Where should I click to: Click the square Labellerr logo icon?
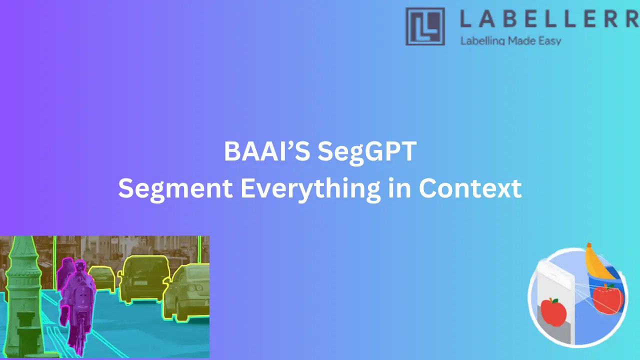(425, 26)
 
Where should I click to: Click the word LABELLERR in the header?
(549, 19)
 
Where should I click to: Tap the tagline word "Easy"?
(550, 41)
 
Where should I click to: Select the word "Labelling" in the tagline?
(483, 41)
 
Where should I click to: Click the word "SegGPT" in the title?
(367, 151)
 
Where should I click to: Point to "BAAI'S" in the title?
(267, 151)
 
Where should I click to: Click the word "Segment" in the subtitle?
(175, 188)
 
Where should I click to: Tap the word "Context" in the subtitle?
(470, 188)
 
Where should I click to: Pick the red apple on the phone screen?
(553, 312)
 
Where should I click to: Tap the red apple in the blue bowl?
(607, 299)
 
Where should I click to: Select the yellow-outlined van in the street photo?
(144, 279)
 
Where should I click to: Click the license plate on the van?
(140, 283)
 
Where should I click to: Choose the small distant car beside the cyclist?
(103, 278)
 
